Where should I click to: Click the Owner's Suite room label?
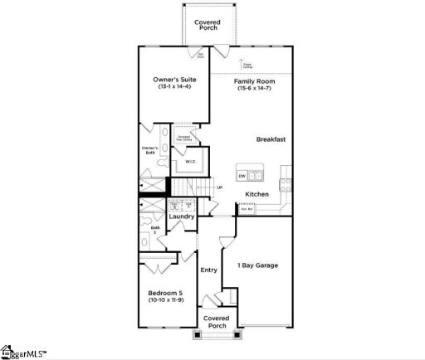(173, 80)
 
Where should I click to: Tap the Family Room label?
(254, 82)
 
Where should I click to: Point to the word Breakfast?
(271, 139)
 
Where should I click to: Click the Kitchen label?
(256, 194)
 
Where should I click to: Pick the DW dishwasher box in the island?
(242, 176)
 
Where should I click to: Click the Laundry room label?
(182, 216)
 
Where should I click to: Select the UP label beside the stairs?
(219, 187)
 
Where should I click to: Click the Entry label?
(208, 270)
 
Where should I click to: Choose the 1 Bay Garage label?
(258, 265)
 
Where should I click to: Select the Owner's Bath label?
(149, 150)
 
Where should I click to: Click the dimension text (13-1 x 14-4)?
(173, 87)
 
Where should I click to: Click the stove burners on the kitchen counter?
(286, 174)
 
